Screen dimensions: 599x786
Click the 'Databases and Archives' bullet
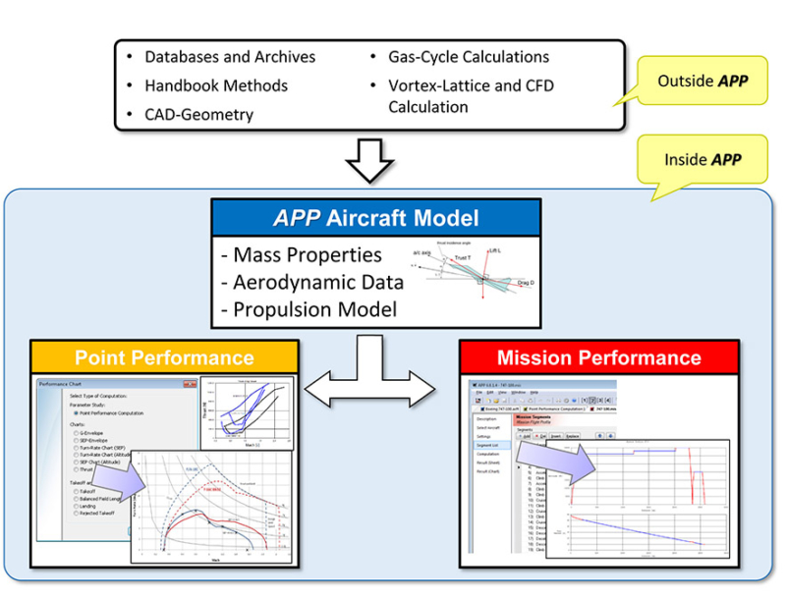230,57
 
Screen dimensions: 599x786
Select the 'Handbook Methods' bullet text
216,85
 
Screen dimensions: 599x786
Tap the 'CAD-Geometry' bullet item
198,114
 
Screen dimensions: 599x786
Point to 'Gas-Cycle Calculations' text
468,57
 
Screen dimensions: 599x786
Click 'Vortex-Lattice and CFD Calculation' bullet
471,95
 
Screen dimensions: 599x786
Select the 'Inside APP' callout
702,159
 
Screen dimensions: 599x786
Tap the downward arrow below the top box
370,160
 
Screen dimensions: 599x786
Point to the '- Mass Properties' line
301,255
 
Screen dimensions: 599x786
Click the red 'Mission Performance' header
598,356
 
